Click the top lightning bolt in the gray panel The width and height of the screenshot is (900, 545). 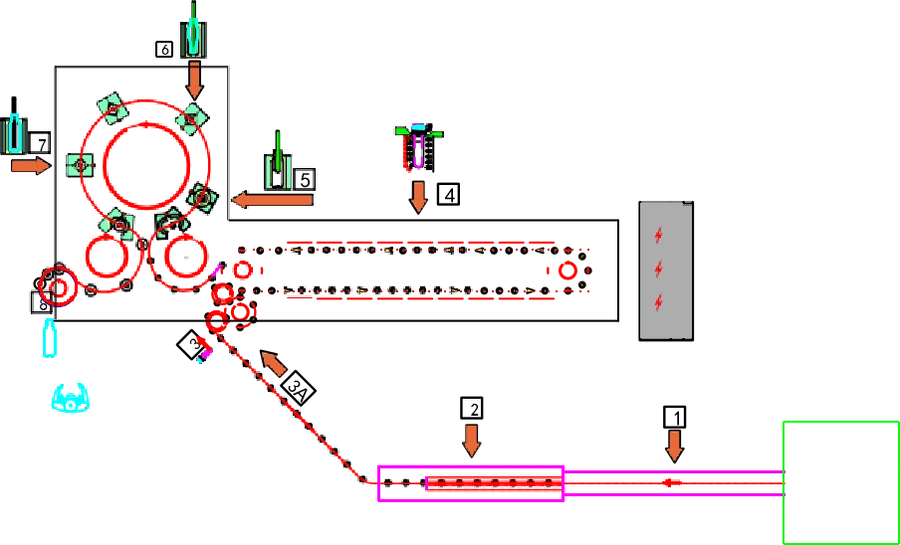[x=658, y=235]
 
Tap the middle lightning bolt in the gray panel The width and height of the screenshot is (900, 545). [x=658, y=269]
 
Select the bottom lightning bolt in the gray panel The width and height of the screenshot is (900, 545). [x=658, y=301]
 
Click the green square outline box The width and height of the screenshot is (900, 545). [x=840, y=481]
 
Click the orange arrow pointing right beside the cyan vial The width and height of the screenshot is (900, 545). [x=30, y=166]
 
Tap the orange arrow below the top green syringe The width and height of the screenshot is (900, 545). [x=194, y=80]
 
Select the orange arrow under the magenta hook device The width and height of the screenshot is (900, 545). [x=418, y=195]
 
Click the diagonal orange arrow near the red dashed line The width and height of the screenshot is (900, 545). [x=273, y=364]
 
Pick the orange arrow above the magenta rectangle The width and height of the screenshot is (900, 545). [x=471, y=440]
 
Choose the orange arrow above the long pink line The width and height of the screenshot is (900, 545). [x=675, y=445]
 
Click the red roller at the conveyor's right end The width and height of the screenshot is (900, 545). [x=568, y=270]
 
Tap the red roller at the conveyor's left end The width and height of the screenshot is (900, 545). [x=241, y=269]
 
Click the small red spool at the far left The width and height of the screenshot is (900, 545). [x=57, y=286]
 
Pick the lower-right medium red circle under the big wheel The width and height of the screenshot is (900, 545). [x=184, y=258]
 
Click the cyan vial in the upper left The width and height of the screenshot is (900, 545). [x=14, y=133]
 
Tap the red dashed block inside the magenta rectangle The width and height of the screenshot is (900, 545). [x=492, y=483]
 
